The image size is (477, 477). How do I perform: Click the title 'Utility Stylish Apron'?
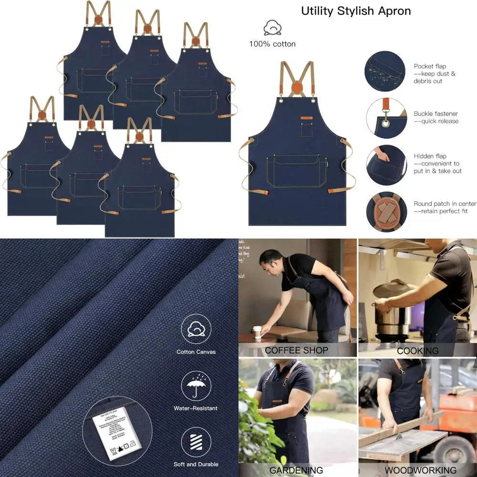pos(356,11)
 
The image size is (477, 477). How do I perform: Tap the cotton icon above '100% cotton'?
pos(272,28)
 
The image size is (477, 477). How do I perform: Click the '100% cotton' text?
pos(272,44)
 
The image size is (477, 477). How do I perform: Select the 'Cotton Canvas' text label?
pos(196,352)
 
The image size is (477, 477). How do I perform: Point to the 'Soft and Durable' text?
pos(196,464)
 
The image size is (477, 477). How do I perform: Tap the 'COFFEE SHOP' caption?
pos(296,350)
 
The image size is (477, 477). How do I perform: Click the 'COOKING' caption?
pos(417,351)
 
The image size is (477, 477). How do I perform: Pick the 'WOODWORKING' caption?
pos(417,470)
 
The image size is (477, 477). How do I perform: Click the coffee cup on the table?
pos(257,332)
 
